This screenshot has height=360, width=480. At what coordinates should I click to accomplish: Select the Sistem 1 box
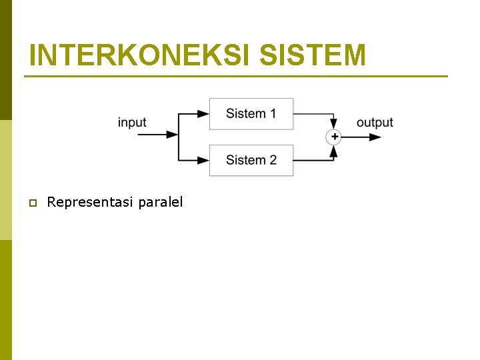point(251,114)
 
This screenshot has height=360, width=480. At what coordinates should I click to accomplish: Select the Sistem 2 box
point(251,160)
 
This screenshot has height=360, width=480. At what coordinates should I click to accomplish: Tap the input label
point(132,122)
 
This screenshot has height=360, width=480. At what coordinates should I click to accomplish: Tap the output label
point(375,122)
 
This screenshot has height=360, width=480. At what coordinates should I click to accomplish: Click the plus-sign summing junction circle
point(333,137)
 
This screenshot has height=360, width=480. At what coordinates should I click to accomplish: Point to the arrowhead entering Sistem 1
point(203,114)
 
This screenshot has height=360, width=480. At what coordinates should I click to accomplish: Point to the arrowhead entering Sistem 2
point(203,160)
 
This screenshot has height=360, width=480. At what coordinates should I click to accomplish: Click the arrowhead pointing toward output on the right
point(375,137)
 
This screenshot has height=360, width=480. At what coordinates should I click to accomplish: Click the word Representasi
point(90,202)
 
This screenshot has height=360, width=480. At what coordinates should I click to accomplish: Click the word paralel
point(160,202)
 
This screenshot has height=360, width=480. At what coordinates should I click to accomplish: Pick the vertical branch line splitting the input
point(179,137)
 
